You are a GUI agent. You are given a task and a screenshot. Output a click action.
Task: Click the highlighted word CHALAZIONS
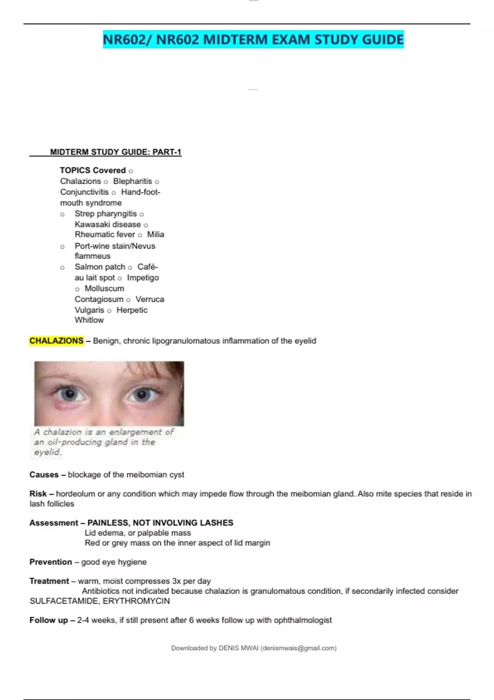[x=56, y=341]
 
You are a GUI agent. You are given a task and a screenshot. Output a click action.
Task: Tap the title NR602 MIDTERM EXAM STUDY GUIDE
[x=253, y=40]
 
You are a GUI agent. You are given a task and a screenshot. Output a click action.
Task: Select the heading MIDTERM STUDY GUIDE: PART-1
[x=115, y=152]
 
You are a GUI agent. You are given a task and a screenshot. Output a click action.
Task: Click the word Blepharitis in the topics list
[x=133, y=181]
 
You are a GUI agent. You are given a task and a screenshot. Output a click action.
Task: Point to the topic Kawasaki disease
[x=107, y=224]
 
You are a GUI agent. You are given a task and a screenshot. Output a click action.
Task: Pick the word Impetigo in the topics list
[x=143, y=278]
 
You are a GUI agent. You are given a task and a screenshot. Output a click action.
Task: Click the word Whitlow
[x=89, y=320]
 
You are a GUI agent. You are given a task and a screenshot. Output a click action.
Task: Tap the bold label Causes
[x=44, y=475]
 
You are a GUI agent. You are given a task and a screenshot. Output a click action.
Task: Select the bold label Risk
[x=38, y=494]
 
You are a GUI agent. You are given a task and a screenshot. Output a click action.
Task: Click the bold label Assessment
[x=54, y=523]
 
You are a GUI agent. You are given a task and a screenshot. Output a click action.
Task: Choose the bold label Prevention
[x=51, y=562]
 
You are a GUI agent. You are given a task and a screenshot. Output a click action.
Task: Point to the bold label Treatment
[x=49, y=581]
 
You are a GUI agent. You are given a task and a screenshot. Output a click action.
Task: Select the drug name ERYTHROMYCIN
[x=136, y=601]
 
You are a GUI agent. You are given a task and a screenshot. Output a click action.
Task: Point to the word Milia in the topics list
[x=156, y=234]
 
